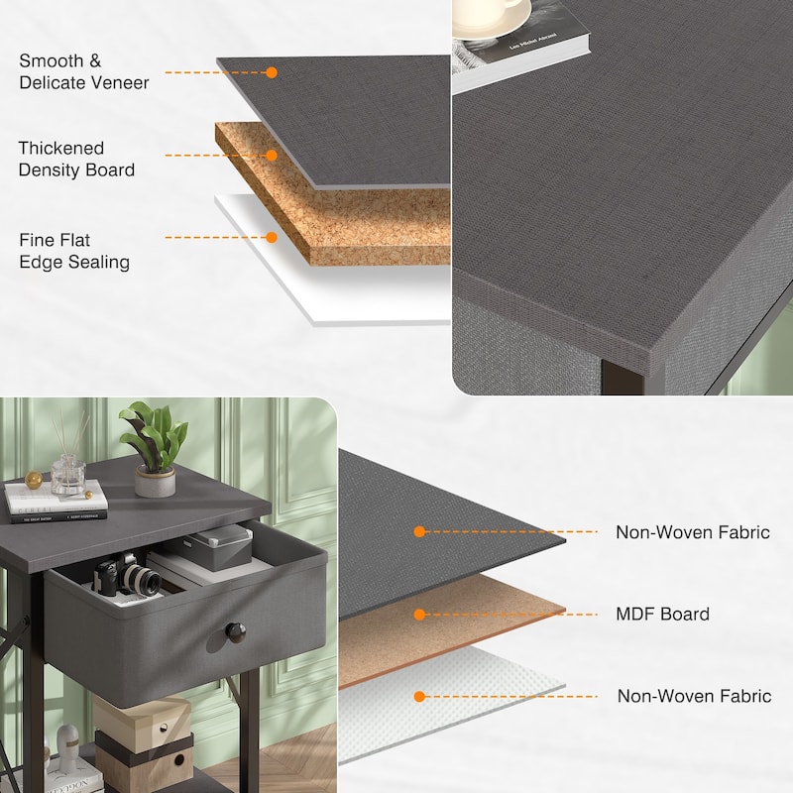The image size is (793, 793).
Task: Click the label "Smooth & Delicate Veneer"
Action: click(84, 71)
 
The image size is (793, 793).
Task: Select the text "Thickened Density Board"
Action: click(76, 159)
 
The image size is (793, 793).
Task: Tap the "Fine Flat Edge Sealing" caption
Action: click(74, 251)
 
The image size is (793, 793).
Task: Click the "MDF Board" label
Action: click(662, 614)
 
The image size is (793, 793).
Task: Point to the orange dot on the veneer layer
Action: click(272, 72)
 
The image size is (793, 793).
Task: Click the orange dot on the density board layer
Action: click(272, 156)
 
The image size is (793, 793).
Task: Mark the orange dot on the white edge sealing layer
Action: click(272, 237)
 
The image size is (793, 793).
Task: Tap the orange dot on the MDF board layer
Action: click(419, 615)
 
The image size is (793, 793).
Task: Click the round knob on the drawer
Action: click(235, 632)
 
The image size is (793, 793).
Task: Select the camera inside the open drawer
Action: click(127, 575)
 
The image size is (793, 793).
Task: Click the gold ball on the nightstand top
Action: click(34, 480)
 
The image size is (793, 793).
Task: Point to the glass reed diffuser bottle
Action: click(68, 475)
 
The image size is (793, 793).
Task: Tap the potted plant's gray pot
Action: click(156, 481)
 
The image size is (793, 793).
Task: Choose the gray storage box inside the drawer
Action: click(218, 547)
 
